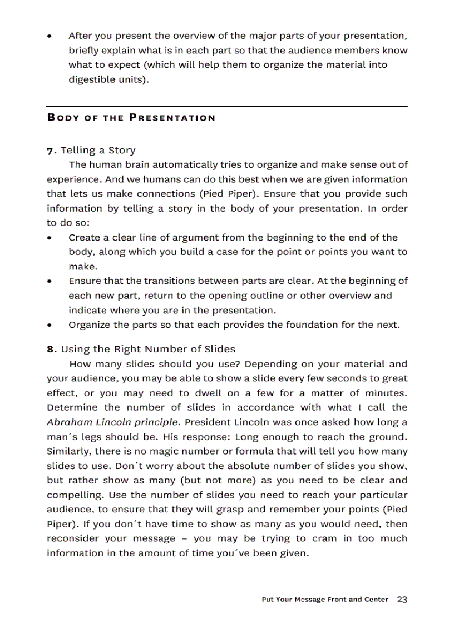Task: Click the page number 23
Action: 402,600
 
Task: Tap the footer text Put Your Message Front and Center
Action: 325,600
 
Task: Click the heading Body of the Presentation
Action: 131,118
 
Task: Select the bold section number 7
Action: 50,151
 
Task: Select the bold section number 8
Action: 50,350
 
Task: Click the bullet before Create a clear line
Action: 50,238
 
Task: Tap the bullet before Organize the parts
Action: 50,325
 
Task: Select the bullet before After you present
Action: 50,36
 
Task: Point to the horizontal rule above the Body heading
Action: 226,106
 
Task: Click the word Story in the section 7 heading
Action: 122,151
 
